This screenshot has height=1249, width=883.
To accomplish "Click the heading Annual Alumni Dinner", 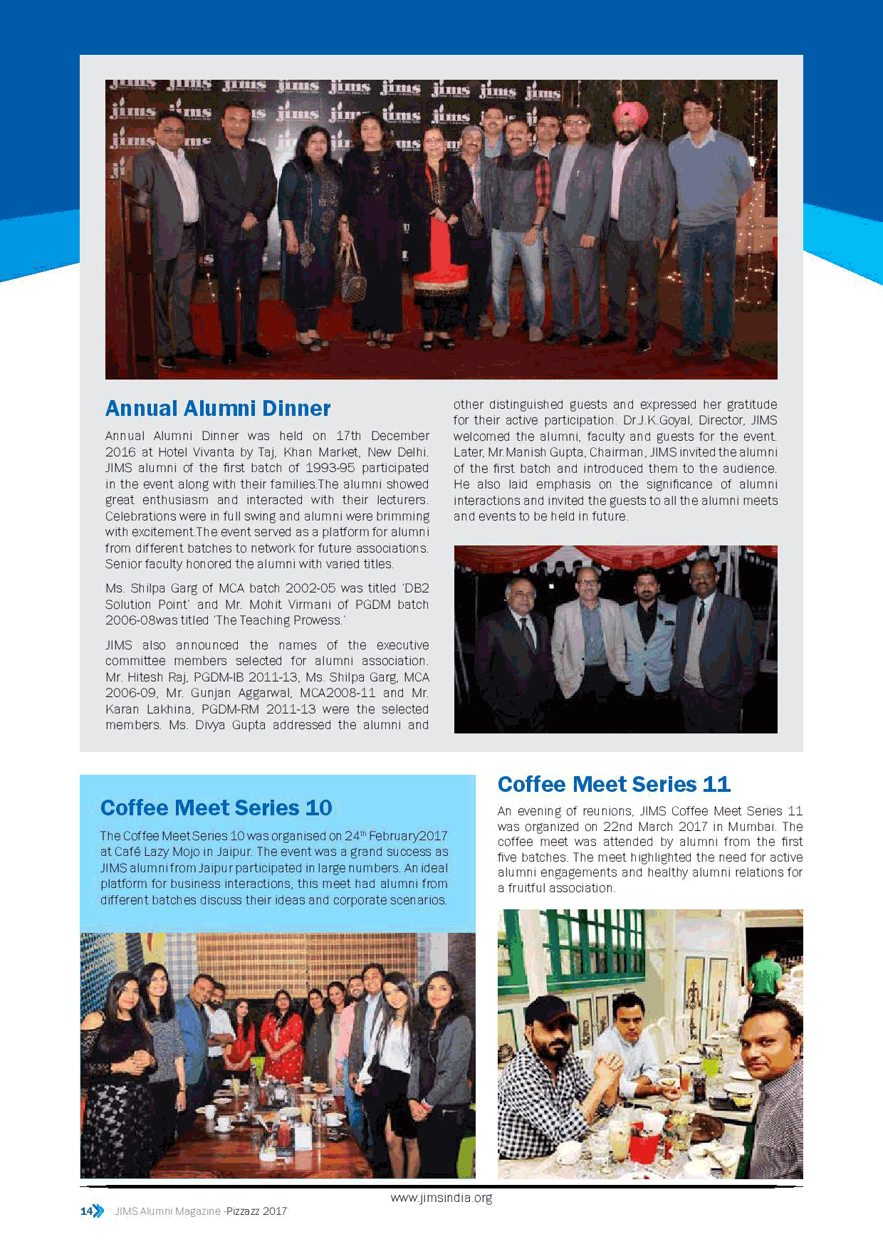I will pos(218,409).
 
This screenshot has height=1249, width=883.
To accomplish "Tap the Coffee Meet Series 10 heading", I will pos(216,808).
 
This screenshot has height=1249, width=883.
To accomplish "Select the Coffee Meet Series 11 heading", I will pos(614,785).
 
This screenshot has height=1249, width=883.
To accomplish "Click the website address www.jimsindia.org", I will pos(441,1197).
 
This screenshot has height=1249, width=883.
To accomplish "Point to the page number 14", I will pos(86,1211).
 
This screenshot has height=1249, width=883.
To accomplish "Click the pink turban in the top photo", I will pos(630,111).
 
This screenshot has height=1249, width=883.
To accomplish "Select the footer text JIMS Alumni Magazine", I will pos(167,1211).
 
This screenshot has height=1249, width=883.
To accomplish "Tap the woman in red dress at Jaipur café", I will pos(283,1047).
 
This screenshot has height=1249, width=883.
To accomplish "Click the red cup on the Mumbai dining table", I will pos(644,1147).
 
